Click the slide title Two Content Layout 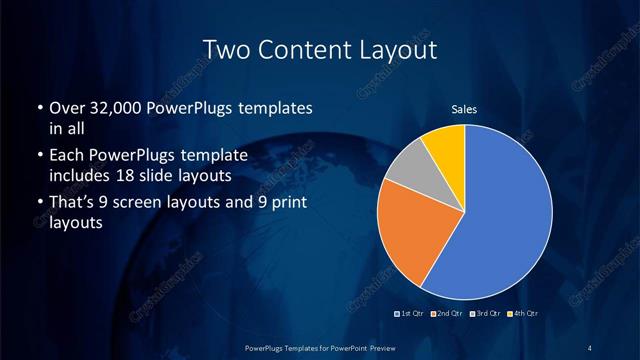[x=320, y=49]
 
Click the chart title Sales [x=464, y=110]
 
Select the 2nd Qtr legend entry [x=446, y=314]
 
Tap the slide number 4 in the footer [x=591, y=347]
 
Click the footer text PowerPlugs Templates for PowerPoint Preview [x=320, y=347]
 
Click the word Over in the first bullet [x=66, y=108]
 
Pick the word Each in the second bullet [x=66, y=156]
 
